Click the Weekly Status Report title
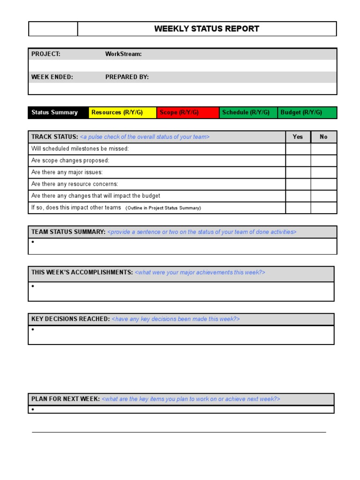coord(207,29)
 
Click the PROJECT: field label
coord(46,54)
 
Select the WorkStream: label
coord(123,54)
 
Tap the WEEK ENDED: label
coord(52,77)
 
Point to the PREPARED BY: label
coord(127,77)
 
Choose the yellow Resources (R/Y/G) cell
coord(122,112)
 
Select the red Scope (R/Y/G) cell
coord(187,112)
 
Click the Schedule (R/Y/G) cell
coord(248,112)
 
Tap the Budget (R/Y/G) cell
coord(307,112)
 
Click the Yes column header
coord(298,137)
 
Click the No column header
coord(323,137)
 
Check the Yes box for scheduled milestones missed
coord(298,149)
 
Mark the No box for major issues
coord(323,172)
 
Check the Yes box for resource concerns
coord(298,184)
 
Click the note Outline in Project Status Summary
coord(163,208)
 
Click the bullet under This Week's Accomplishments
coord(33,286)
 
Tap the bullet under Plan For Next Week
coord(33,410)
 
